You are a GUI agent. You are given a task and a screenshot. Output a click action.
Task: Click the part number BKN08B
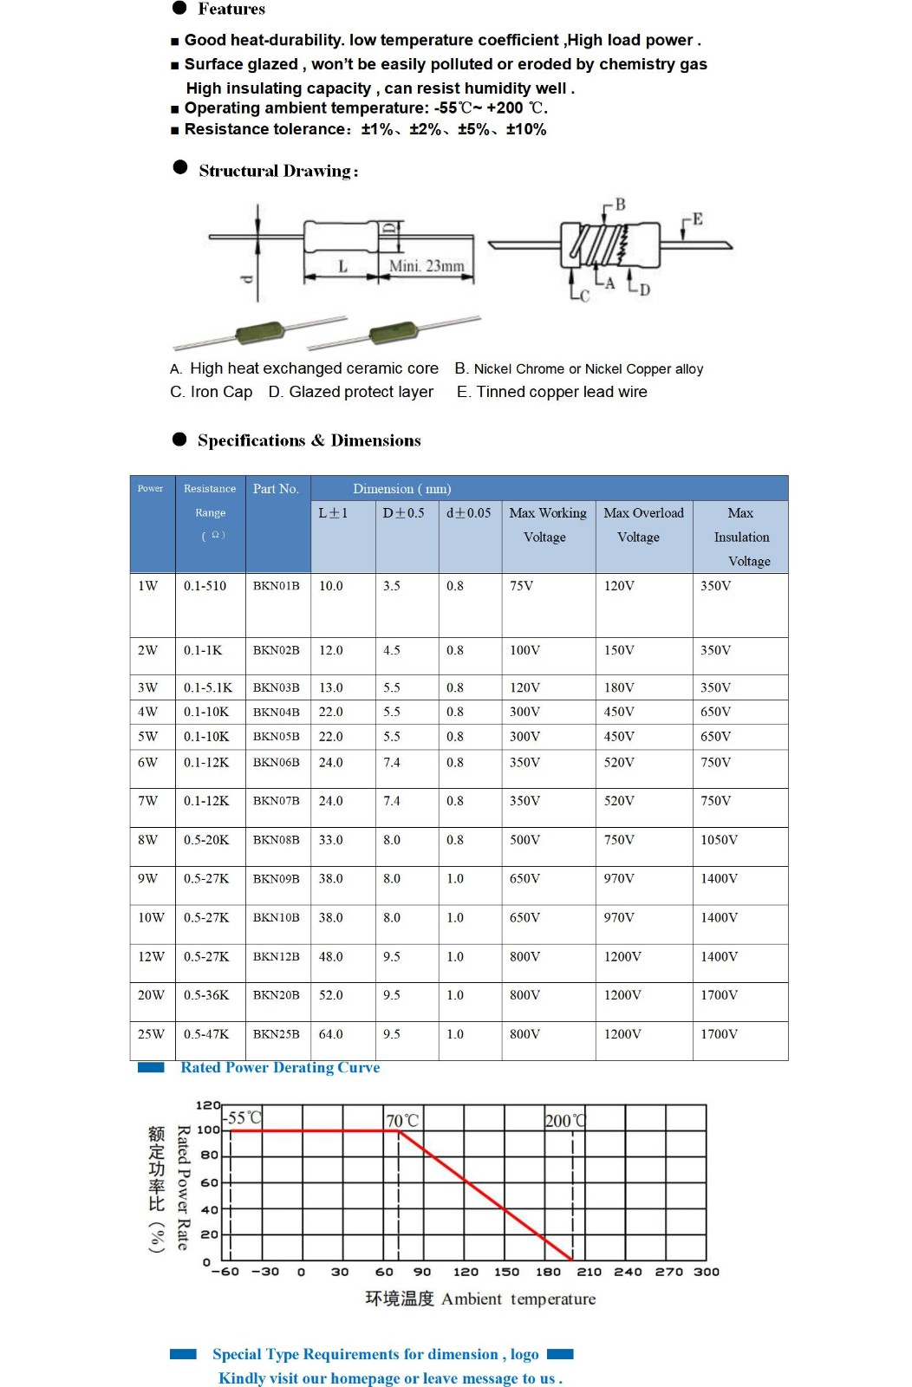tap(276, 840)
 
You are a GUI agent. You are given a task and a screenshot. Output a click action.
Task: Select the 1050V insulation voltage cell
tap(719, 840)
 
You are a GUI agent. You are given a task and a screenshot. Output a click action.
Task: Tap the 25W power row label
tap(150, 1034)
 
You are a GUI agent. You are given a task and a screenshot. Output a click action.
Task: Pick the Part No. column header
tap(276, 489)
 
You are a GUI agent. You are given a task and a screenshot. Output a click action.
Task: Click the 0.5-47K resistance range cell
tap(206, 1034)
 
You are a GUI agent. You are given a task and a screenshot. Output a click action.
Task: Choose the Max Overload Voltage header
tap(643, 524)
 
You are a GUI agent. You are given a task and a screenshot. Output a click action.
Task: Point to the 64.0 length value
tap(330, 1034)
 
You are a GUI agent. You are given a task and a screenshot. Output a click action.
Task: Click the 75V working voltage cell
tap(521, 586)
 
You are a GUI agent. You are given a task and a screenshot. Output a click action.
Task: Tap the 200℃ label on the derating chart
tap(565, 1121)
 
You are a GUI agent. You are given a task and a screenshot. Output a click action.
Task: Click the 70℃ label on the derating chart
tap(402, 1121)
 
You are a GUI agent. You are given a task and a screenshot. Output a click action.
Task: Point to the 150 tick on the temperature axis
tap(506, 1272)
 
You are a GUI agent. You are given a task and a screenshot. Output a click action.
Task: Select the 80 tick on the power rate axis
tap(209, 1156)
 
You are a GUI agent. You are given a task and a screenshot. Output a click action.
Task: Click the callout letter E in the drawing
tap(697, 219)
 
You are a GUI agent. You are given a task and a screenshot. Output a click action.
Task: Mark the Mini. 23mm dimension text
tap(426, 266)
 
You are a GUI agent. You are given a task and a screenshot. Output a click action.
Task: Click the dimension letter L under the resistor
tap(342, 266)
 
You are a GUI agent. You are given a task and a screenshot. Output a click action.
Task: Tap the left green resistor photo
tap(260, 333)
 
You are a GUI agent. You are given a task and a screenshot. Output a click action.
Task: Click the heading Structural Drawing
tap(278, 171)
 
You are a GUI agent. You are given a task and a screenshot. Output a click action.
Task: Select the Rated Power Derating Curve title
tap(280, 1068)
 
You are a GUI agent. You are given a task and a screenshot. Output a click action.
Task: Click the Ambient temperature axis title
tap(518, 1299)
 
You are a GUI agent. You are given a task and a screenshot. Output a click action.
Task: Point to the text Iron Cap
tap(221, 392)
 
